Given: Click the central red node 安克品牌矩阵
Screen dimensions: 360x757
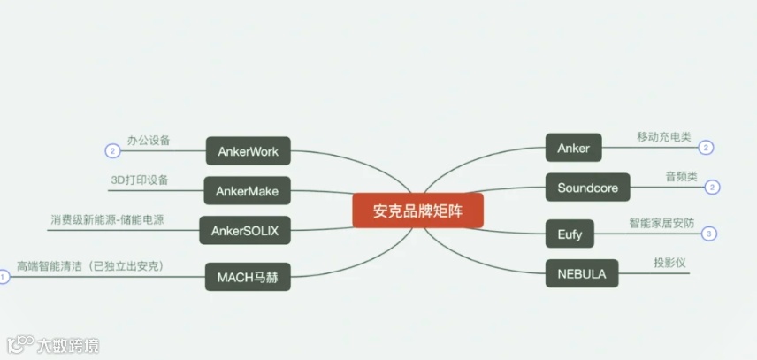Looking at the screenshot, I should [417, 211].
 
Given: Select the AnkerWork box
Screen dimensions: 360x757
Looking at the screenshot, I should [248, 150].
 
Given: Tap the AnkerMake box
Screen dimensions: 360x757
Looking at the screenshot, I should [248, 190].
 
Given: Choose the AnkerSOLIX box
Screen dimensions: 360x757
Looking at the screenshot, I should [245, 231].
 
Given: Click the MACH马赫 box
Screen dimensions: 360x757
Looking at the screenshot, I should [248, 277].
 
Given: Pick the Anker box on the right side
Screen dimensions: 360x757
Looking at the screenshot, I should [573, 148].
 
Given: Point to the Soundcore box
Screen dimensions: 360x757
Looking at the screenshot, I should [587, 188].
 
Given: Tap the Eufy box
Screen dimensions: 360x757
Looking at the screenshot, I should [570, 234].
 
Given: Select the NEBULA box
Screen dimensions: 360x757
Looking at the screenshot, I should [582, 273].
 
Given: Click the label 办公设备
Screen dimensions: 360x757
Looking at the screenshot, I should [148, 140].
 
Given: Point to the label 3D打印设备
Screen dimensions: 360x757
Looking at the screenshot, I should [139, 180].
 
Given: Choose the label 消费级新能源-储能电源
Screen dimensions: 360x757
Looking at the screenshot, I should [112, 218].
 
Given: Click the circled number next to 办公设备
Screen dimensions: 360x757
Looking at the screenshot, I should [111, 150].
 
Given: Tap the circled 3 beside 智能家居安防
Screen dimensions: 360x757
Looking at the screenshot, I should [710, 234].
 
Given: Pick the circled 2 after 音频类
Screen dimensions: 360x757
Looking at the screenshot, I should [713, 188].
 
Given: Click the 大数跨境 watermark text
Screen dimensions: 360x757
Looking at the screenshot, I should [67, 345].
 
